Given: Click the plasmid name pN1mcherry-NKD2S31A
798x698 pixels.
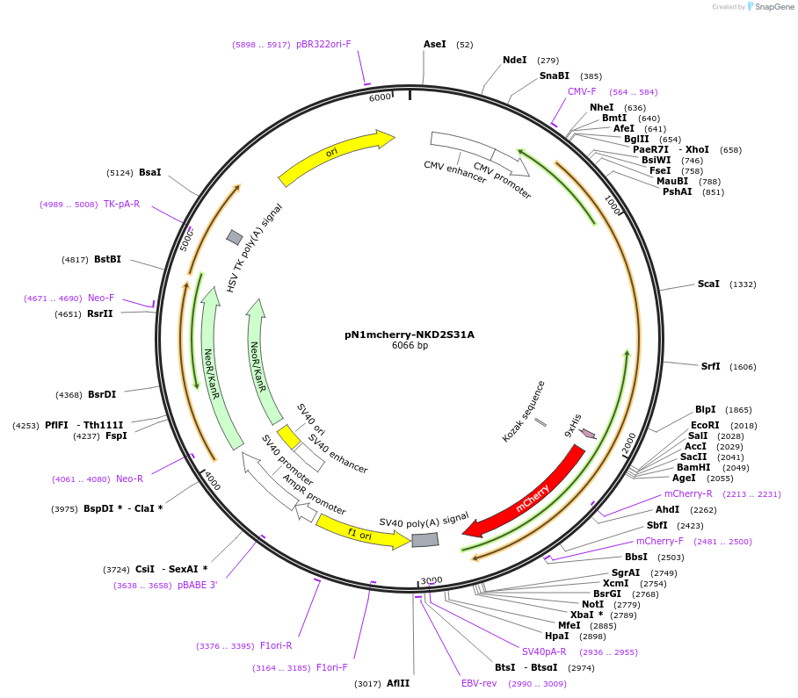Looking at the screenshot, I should [410, 334].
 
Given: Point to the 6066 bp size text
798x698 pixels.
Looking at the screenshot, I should [410, 346].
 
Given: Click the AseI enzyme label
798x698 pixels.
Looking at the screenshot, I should [435, 44].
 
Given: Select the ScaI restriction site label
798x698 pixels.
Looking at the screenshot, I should [708, 284].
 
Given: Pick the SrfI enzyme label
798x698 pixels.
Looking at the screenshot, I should [710, 366].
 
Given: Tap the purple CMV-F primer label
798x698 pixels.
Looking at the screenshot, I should [582, 91].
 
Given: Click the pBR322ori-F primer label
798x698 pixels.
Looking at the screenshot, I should [323, 44].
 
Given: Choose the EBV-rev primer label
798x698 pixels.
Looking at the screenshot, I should [479, 683].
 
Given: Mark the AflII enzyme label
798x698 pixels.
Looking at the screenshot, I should [398, 683].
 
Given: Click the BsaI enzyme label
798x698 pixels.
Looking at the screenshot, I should [150, 172].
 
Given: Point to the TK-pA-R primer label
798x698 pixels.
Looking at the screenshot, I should [121, 204].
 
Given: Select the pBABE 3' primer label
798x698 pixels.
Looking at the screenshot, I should [197, 585].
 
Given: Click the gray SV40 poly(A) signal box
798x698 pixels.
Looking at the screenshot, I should [425, 540].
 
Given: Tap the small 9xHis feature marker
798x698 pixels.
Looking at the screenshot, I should [588, 433].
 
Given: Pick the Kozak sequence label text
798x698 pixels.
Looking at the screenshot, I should [525, 411].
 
